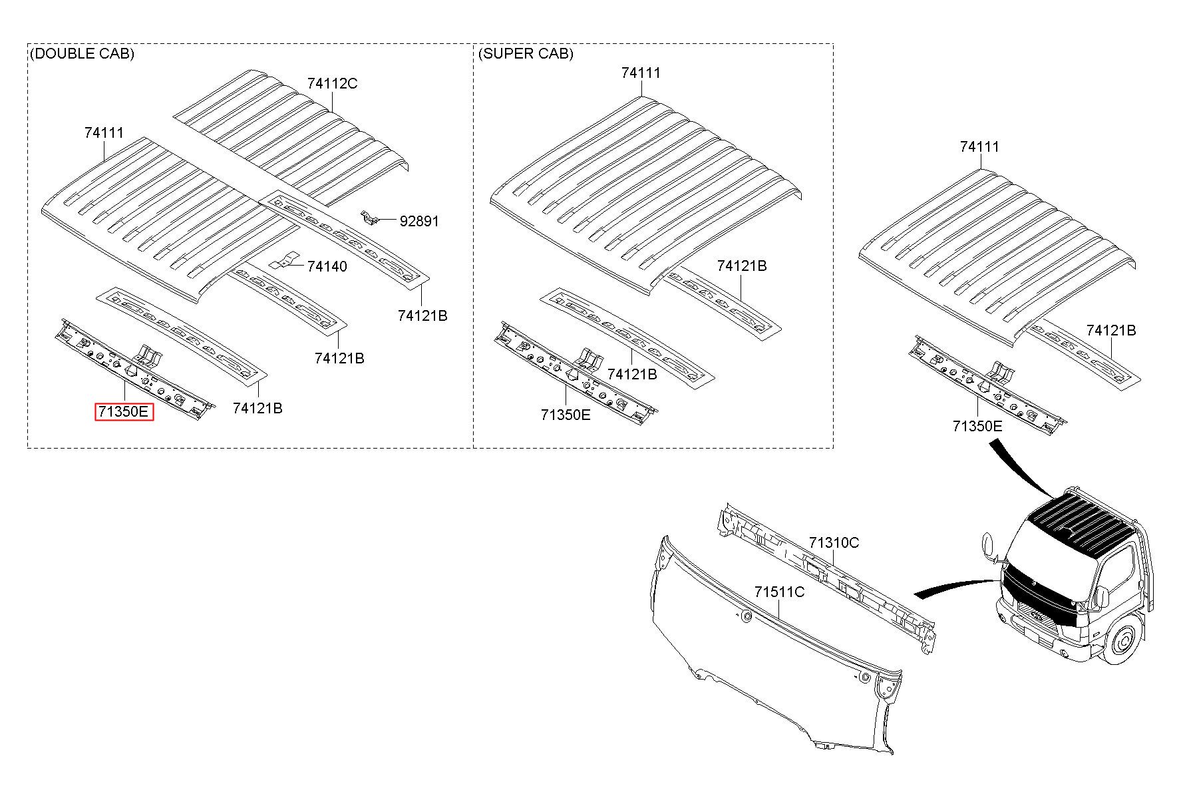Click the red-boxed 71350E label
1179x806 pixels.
pyautogui.click(x=124, y=412)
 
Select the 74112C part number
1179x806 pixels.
pyautogui.click(x=332, y=83)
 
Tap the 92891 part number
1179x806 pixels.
pyautogui.click(x=419, y=221)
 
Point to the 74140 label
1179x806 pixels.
pyautogui.click(x=327, y=266)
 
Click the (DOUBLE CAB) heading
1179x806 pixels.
pyautogui.click(x=82, y=53)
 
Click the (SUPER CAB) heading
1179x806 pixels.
pyautogui.click(x=526, y=53)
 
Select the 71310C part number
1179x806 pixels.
pyautogui.click(x=834, y=542)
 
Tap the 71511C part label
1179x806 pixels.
pyautogui.click(x=779, y=592)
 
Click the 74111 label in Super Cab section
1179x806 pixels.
pyautogui.click(x=641, y=73)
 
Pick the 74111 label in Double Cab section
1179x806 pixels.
pyautogui.click(x=104, y=133)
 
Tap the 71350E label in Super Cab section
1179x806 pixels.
pyautogui.click(x=566, y=415)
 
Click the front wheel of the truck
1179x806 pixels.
pyautogui.click(x=1124, y=642)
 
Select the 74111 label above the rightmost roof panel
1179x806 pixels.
pyautogui.click(x=979, y=146)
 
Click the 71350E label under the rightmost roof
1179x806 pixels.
pyautogui.click(x=977, y=426)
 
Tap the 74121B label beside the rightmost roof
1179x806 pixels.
pyautogui.click(x=1111, y=330)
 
